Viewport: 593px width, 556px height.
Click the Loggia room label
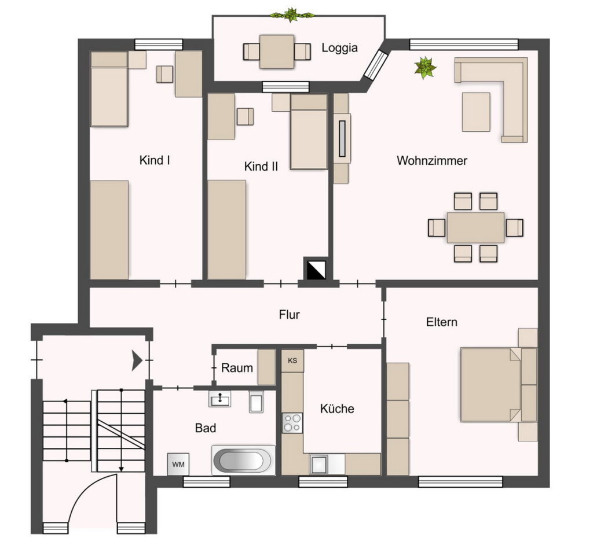point(339,49)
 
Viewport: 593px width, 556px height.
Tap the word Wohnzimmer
point(432,160)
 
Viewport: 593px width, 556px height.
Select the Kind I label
point(154,160)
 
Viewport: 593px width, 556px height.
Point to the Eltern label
point(442,322)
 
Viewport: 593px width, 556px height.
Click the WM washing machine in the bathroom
point(178,464)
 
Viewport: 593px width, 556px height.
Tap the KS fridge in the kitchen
point(292,360)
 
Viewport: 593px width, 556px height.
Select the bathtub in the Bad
point(244,460)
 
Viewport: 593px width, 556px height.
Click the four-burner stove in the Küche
point(292,423)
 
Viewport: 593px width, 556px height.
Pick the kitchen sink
point(319,464)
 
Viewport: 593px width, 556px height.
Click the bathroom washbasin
point(219,399)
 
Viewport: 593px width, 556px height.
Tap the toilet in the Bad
point(256,401)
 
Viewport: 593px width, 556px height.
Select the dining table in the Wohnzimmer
point(475,227)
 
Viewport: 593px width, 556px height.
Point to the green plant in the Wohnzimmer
point(425,68)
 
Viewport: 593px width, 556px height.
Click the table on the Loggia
point(277,51)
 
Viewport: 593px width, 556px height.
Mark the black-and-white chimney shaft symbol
point(316,268)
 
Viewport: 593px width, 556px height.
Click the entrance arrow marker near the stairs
point(137,360)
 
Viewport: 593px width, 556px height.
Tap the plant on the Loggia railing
point(291,15)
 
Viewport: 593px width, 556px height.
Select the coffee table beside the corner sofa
point(476,112)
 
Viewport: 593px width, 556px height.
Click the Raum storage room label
point(237,368)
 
